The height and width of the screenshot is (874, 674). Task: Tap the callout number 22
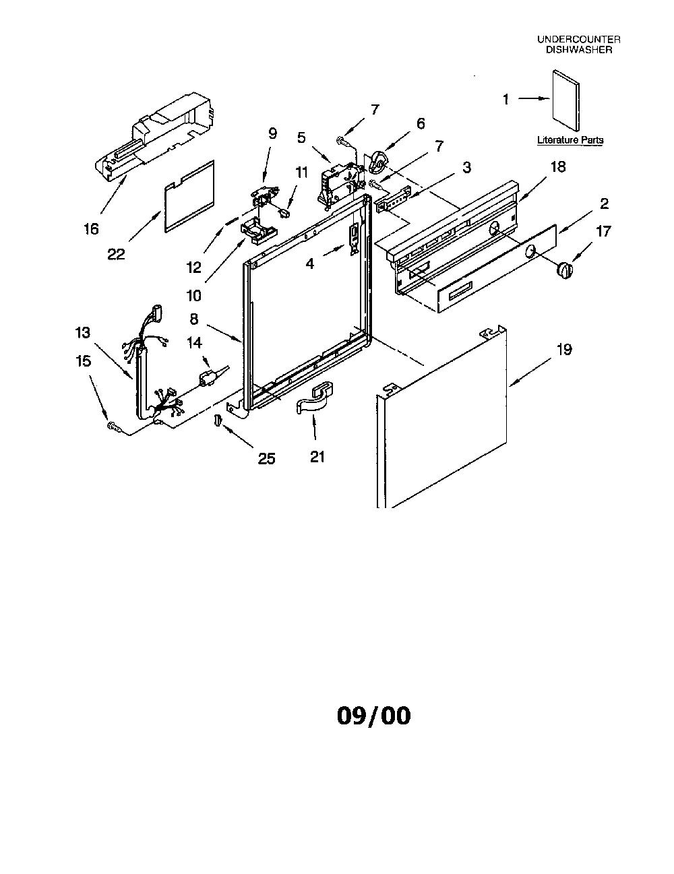pyautogui.click(x=116, y=254)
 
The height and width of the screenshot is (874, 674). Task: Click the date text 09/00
pyautogui.click(x=373, y=716)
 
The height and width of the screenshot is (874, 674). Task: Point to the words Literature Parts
pyautogui.click(x=570, y=140)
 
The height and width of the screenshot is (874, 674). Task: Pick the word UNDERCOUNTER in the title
pyautogui.click(x=579, y=39)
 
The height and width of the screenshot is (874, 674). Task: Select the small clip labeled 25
pyautogui.click(x=218, y=420)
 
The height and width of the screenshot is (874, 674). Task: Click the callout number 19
pyautogui.click(x=564, y=350)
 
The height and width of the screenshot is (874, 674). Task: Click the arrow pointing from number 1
pyautogui.click(x=534, y=98)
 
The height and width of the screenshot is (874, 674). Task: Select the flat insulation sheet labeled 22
pyautogui.click(x=189, y=196)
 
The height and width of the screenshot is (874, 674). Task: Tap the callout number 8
pyautogui.click(x=194, y=319)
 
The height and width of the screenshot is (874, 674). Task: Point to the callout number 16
pyautogui.click(x=91, y=229)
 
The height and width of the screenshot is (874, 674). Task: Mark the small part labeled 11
pyautogui.click(x=286, y=212)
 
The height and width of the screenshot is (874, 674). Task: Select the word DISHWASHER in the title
pyautogui.click(x=579, y=50)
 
